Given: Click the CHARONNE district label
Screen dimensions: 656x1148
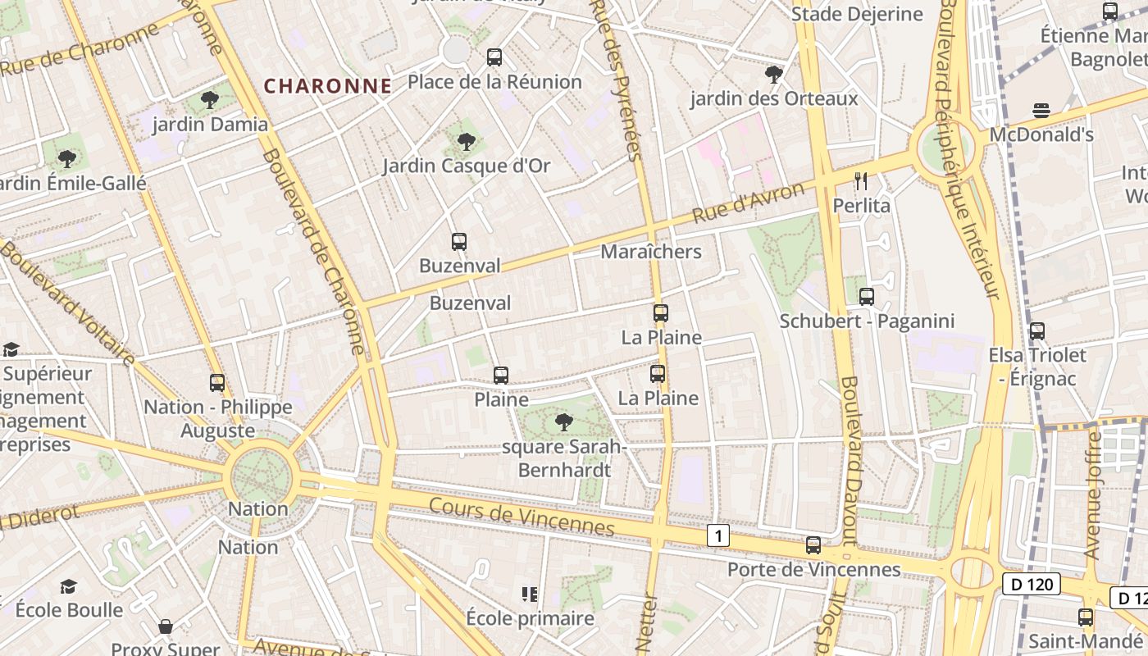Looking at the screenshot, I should (x=327, y=86).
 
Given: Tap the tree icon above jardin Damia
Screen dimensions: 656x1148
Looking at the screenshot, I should (x=210, y=100).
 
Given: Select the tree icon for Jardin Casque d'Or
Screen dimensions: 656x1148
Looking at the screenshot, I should (x=467, y=142).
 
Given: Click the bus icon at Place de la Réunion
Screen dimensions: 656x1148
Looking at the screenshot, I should (x=494, y=57).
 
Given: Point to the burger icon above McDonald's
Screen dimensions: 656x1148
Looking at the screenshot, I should (x=1041, y=111).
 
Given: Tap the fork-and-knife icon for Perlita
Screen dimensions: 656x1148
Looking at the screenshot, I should (x=861, y=181).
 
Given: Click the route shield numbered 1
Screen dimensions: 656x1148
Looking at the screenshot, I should (x=718, y=536).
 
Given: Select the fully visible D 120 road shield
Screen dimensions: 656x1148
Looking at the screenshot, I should (x=1031, y=585).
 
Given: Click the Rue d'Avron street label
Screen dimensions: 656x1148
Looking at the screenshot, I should (x=749, y=203).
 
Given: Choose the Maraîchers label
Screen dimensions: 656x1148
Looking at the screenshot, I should (x=651, y=252).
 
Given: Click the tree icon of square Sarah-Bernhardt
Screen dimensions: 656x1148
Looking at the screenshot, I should (x=564, y=422).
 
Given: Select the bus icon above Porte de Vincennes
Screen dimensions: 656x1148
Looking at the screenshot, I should (x=813, y=545).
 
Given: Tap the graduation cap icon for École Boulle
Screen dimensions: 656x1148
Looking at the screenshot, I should (x=69, y=586).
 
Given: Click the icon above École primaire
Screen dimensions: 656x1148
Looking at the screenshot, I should (x=529, y=594).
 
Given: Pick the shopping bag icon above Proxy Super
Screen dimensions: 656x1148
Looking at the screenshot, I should (x=166, y=626).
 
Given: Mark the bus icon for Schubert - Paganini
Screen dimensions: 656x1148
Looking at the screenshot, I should (x=867, y=297).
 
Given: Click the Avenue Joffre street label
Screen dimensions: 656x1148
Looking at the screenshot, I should (x=1093, y=496).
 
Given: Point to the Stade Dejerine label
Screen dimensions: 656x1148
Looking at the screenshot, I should (x=857, y=14).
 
